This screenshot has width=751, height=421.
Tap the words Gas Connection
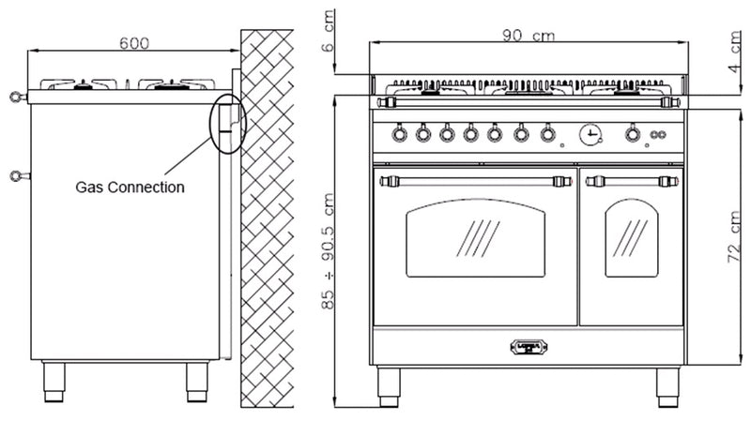(x=130, y=187)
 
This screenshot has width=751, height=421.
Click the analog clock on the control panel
(x=590, y=135)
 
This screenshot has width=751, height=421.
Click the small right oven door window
(x=632, y=238)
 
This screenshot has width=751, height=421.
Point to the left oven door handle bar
(x=475, y=178)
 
